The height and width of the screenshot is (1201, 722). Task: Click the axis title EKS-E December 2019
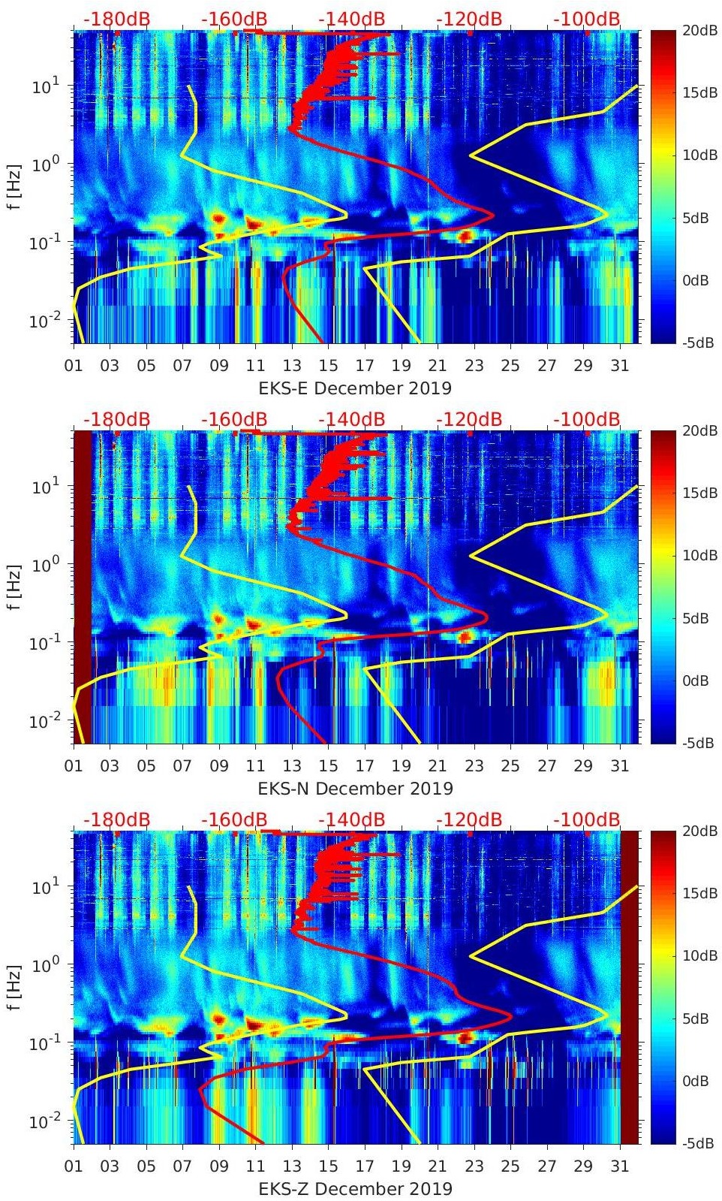pyautogui.click(x=355, y=388)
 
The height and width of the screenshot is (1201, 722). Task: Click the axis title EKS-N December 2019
pyautogui.click(x=355, y=789)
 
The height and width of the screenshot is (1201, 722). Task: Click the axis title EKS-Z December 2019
pyautogui.click(x=355, y=1189)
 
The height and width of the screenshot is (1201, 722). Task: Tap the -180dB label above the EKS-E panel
pyautogui.click(x=116, y=19)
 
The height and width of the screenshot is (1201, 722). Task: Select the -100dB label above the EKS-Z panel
pyautogui.click(x=587, y=819)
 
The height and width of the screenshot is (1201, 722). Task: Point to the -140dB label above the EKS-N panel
pyautogui.click(x=351, y=419)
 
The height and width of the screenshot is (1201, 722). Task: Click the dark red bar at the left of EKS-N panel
pyautogui.click(x=82, y=586)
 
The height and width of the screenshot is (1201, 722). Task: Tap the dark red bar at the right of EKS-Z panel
pyautogui.click(x=629, y=987)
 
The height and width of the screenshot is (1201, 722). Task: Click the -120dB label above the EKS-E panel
pyautogui.click(x=469, y=19)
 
